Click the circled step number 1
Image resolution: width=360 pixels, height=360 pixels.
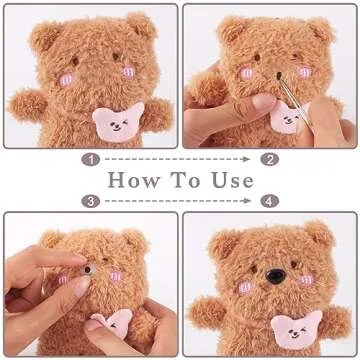click(91, 158)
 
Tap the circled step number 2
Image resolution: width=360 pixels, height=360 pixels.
click(269, 158)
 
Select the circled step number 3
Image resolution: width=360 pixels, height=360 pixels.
click(91, 201)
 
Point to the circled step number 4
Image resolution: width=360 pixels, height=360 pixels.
click(269, 201)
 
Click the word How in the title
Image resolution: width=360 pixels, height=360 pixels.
click(137, 181)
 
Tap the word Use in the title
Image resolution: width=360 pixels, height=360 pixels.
click(236, 181)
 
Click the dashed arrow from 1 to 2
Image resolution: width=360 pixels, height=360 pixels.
click(180, 158)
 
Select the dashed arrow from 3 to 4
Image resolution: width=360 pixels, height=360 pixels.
click(180, 201)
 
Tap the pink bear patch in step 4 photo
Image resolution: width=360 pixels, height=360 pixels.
click(290, 326)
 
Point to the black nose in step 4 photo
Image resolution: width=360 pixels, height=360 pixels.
click(274, 274)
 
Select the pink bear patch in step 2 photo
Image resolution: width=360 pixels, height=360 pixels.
click(287, 118)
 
